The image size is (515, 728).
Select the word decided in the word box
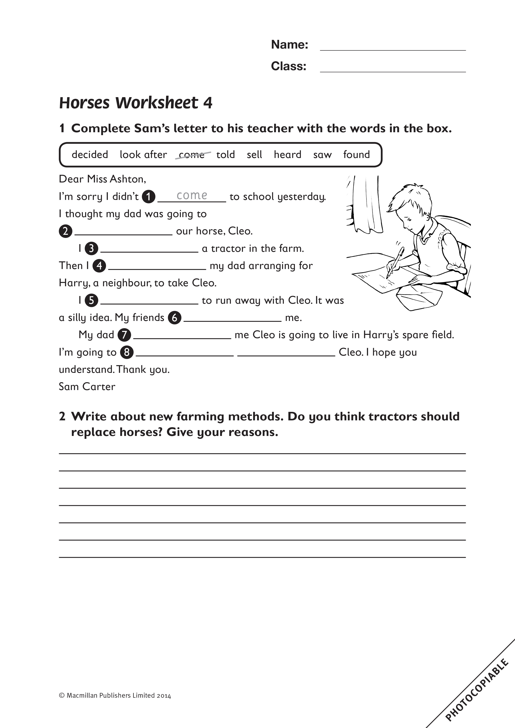90,154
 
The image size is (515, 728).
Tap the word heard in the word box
287,154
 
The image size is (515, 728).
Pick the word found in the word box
356,154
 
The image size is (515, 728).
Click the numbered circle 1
148,197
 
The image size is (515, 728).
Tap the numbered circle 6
174,318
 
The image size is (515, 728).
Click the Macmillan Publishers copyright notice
115,696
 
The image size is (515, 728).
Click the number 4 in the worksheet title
208,103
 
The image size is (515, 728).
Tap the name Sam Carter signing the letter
87,387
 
